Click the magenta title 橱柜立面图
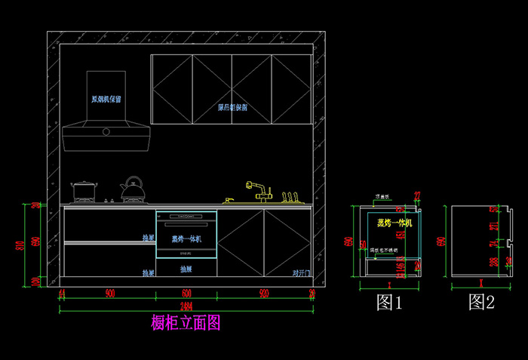click(186, 323)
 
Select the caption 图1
click(389, 303)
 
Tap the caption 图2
click(481, 303)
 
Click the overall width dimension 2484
click(186, 304)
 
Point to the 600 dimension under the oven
click(186, 293)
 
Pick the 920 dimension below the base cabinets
click(264, 293)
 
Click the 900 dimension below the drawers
click(109, 293)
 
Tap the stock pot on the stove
click(83, 191)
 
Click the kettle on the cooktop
click(134, 189)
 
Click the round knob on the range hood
click(106, 132)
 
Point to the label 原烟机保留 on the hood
click(107, 99)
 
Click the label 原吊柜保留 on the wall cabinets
click(232, 108)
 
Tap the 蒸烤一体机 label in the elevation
click(186, 239)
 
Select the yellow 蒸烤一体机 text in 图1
click(394, 223)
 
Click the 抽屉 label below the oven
click(186, 269)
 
